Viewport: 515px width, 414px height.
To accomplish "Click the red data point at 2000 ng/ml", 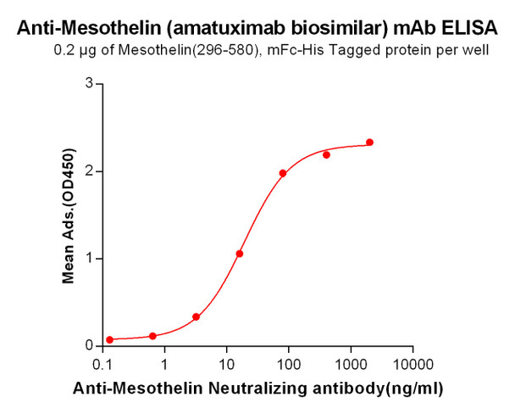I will [369, 143].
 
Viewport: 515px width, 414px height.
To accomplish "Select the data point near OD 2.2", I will [326, 154].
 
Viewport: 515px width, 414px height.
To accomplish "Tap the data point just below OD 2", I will [282, 173].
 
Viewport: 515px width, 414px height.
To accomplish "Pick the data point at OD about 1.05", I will [240, 254].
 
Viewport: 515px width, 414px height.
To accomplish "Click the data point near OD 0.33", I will [197, 317].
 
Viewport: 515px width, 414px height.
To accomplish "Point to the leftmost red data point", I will [109, 339].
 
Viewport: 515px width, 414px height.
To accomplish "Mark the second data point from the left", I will [152, 336].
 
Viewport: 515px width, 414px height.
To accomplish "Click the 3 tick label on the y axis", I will [89, 84].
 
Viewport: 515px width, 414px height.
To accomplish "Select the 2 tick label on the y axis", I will [89, 171].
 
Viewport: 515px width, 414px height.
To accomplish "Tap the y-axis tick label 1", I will [89, 259].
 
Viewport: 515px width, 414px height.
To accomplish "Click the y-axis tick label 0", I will [89, 346].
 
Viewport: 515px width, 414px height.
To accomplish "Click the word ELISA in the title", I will [471, 28].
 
